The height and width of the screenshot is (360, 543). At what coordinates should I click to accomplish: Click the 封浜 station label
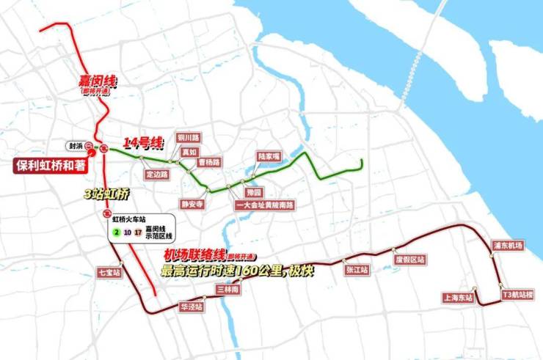click(73, 145)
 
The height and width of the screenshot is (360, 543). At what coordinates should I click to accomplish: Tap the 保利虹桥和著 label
click(51, 165)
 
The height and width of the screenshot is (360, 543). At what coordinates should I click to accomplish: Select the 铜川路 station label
click(189, 138)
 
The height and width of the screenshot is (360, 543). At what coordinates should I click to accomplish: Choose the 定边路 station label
click(157, 175)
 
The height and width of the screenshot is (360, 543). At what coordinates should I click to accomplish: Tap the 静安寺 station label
click(192, 205)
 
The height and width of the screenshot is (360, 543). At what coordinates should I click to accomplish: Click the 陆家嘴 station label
click(269, 157)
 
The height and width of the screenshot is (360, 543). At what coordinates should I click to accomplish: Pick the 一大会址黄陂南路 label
click(263, 205)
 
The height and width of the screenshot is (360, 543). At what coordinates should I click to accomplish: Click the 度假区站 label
click(409, 260)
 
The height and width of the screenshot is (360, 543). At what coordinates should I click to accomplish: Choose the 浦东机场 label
click(507, 246)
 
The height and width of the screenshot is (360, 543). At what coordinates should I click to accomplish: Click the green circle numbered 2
click(116, 233)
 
